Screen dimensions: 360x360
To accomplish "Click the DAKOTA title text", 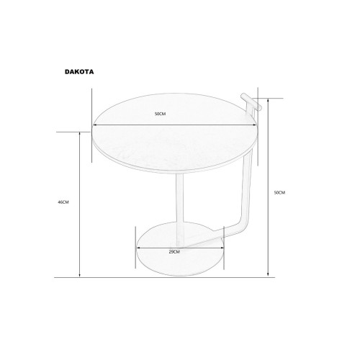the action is tap(79, 72).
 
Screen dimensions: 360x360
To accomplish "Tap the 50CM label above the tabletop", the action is tap(160, 114).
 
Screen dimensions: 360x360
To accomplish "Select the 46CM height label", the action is tap(63, 202).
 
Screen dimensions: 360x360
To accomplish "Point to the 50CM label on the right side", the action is tap(279, 192).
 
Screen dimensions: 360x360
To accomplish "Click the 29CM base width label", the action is tap(174, 252).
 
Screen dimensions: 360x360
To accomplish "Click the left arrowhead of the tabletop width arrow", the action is tap(94, 125).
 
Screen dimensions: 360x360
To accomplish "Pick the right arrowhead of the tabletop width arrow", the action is tap(255, 125).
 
